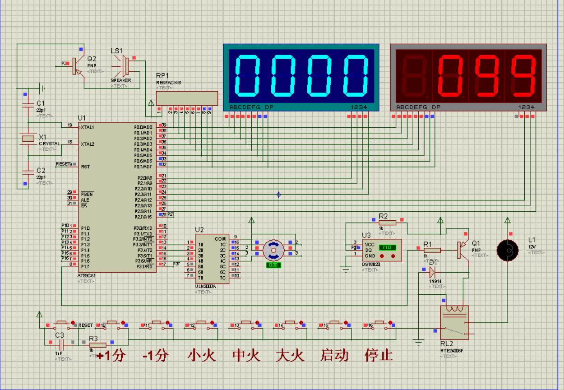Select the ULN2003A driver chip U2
point(212,259)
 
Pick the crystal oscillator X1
point(28,139)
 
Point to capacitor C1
point(28,106)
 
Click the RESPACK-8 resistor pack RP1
point(187,98)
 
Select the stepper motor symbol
point(273,250)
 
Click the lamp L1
point(508,250)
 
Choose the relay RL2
point(454,322)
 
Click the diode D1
point(432,271)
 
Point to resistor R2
point(387,222)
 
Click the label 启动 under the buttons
point(334,355)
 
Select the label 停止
point(379,355)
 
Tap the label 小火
point(202,355)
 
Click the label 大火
point(290,355)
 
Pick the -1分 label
point(156,355)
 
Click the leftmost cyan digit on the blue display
point(247,76)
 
